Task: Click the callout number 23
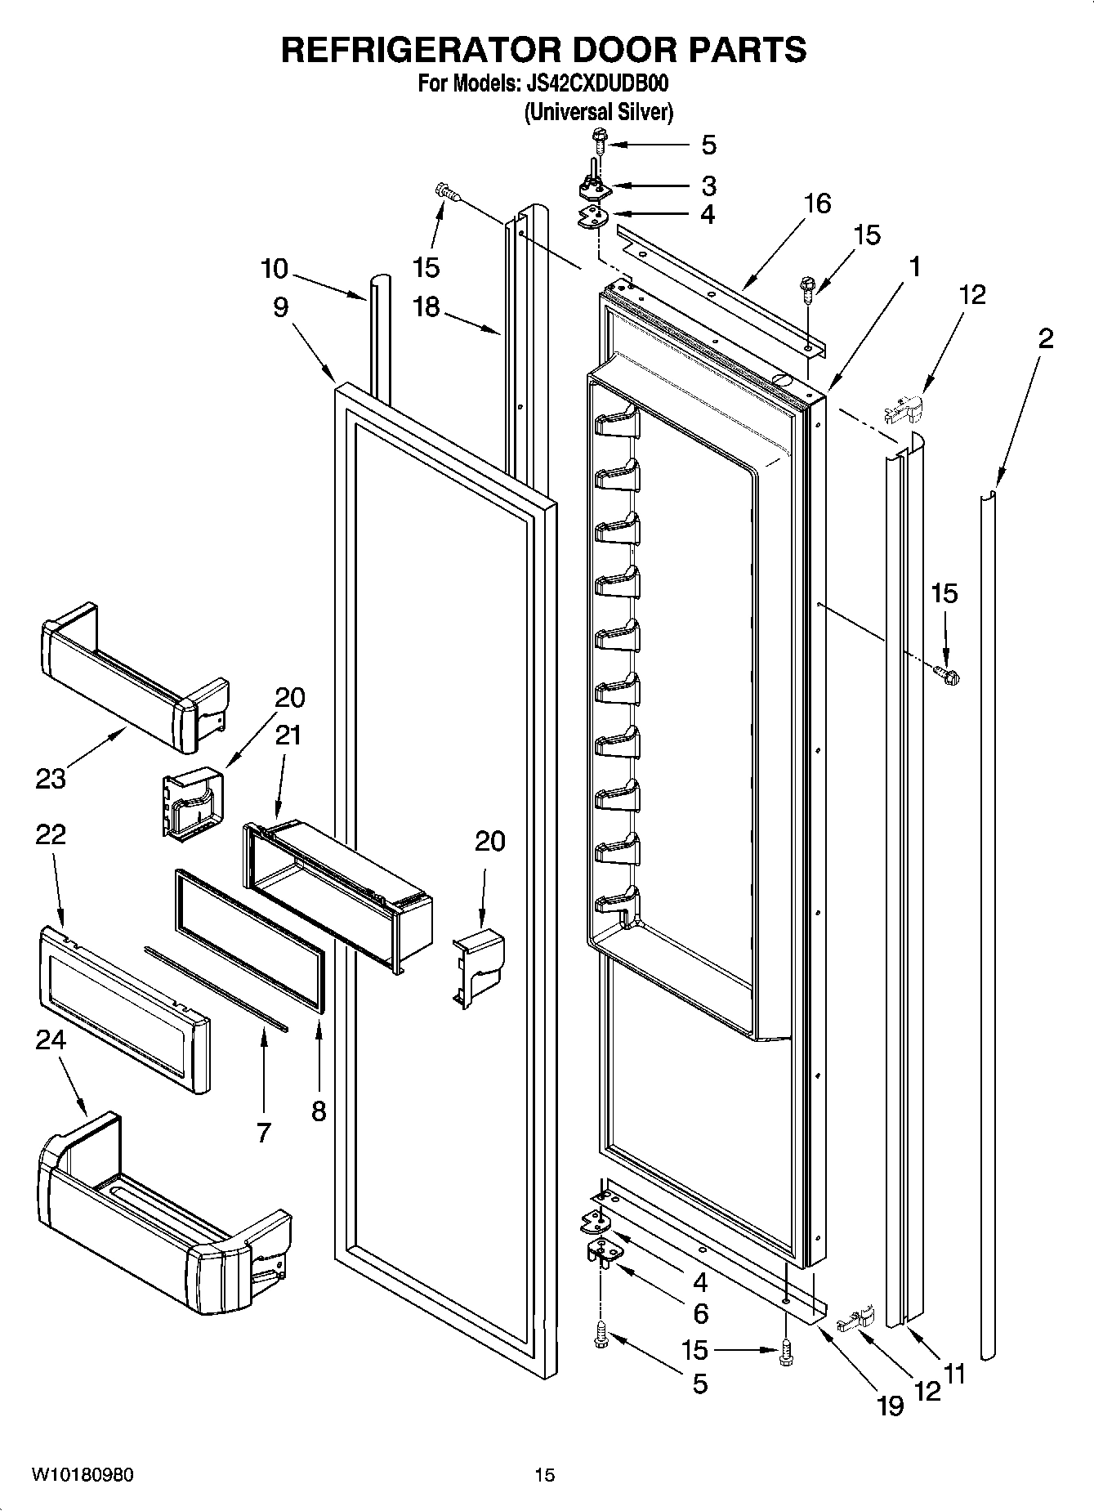[x=50, y=778]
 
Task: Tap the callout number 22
[x=51, y=834]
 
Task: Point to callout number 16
[x=816, y=203]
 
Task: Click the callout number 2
[x=1045, y=338]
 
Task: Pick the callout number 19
[x=890, y=1405]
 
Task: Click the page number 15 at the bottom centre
[x=544, y=1474]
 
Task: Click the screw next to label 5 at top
[x=599, y=141]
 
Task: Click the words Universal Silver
[x=598, y=112]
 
